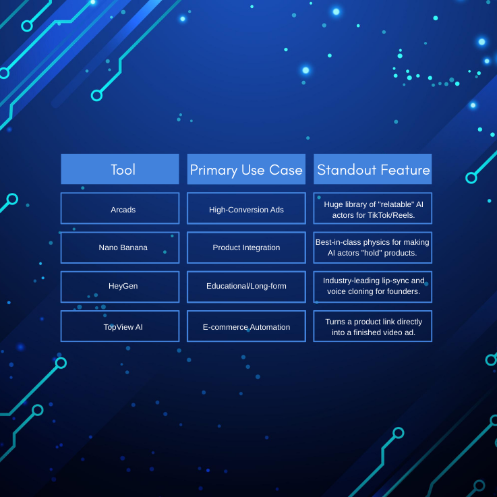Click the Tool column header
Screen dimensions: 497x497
click(x=120, y=169)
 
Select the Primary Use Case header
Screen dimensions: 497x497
click(x=246, y=169)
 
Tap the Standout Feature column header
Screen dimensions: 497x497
click(x=373, y=169)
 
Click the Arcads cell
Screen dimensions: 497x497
click(x=120, y=209)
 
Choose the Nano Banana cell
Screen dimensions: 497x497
click(x=120, y=247)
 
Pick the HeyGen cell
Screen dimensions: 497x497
click(x=120, y=286)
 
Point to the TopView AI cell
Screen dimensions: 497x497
click(x=120, y=326)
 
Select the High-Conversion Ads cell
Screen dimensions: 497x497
click(x=246, y=209)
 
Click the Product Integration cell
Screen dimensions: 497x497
click(x=246, y=247)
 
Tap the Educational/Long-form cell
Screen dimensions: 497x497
click(x=246, y=286)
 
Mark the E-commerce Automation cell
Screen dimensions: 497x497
click(x=246, y=326)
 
